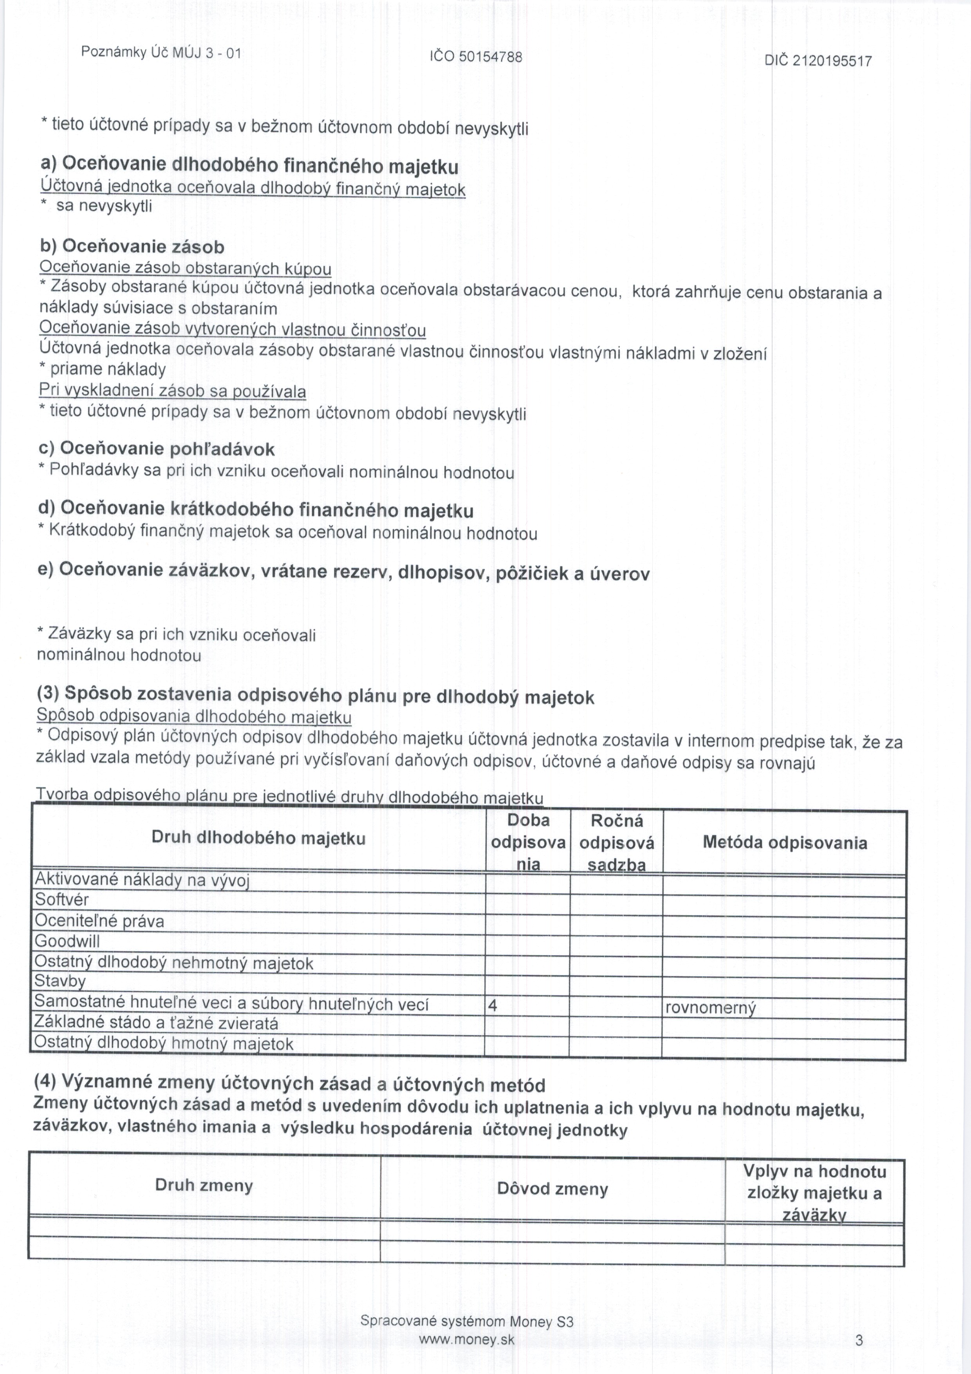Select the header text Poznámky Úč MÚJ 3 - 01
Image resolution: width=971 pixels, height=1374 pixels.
pyautogui.click(x=161, y=52)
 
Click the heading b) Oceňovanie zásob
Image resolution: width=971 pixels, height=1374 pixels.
pyautogui.click(x=132, y=246)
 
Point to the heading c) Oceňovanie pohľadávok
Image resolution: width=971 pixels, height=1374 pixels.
pyautogui.click(x=156, y=449)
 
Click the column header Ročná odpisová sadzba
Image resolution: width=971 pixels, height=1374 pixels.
pyautogui.click(x=616, y=842)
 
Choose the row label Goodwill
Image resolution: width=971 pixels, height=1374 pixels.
pyautogui.click(x=67, y=941)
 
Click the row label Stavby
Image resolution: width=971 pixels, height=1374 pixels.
pyautogui.click(x=60, y=982)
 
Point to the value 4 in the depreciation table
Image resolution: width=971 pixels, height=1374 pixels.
pyautogui.click(x=493, y=1006)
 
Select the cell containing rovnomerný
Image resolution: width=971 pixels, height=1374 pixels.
pyautogui.click(x=711, y=1008)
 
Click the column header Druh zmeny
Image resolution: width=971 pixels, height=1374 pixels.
pyautogui.click(x=204, y=1186)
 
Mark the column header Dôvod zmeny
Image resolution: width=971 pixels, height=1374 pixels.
pyautogui.click(x=552, y=1188)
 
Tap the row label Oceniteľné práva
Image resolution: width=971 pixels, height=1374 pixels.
pyautogui.click(x=99, y=921)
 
